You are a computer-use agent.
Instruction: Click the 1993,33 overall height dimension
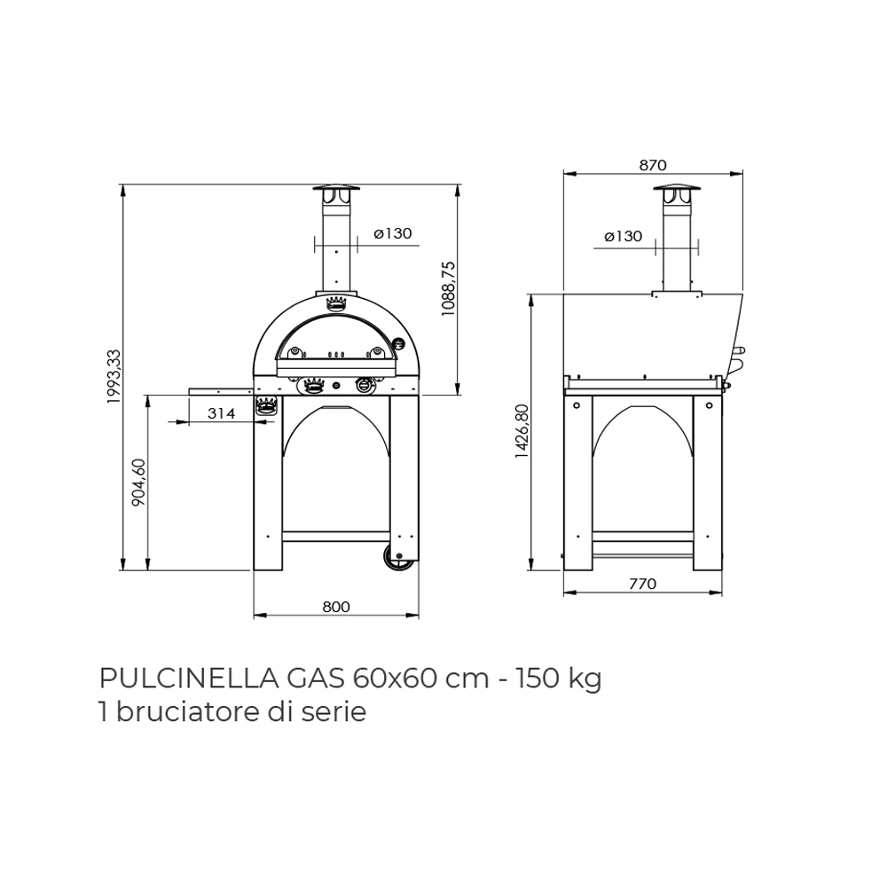(x=114, y=376)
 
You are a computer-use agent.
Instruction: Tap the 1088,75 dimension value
(x=449, y=288)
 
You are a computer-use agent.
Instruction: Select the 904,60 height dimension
(x=139, y=483)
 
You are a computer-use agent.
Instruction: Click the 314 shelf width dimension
(x=221, y=413)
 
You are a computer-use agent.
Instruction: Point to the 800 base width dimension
(x=336, y=607)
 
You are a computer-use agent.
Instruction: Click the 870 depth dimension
(x=653, y=165)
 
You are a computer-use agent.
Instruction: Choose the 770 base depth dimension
(x=642, y=584)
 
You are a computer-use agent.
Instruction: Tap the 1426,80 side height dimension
(x=522, y=431)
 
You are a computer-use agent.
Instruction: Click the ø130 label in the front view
(x=393, y=233)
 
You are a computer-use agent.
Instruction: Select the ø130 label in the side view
(x=623, y=236)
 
